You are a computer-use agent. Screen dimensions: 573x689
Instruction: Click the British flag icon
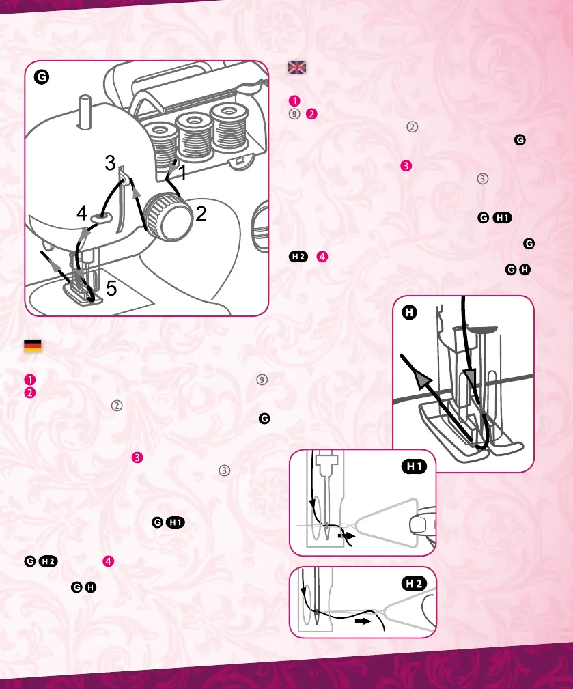297,68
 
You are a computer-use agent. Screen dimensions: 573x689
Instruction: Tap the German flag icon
32,346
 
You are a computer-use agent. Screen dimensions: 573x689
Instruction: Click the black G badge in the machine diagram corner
42,77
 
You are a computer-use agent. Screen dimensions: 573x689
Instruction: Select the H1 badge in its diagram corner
416,466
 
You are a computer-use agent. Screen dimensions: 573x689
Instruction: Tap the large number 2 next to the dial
200,214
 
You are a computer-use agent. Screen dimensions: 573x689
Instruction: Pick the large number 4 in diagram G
81,214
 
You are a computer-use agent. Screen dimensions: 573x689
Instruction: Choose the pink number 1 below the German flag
29,379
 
